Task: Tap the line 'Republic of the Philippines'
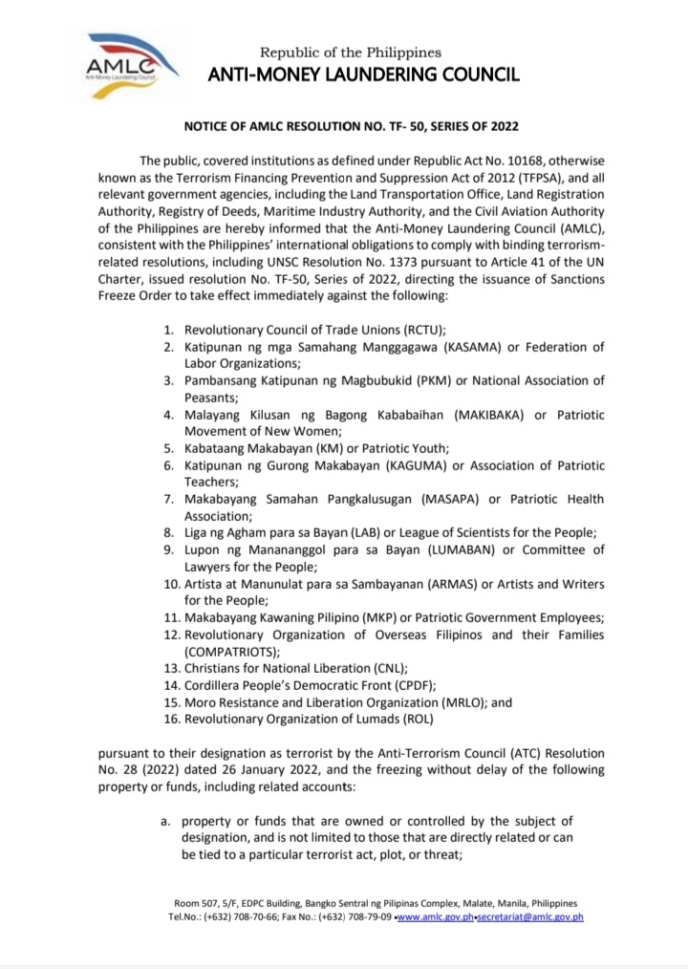351,52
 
